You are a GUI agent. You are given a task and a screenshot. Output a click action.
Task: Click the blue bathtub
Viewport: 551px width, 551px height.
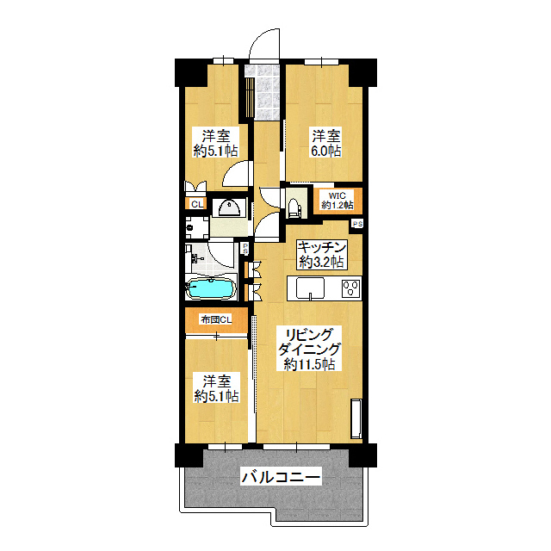point(210,289)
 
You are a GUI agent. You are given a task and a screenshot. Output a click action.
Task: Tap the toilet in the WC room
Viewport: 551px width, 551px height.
point(293,207)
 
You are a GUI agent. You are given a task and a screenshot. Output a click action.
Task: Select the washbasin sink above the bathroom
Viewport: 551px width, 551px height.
point(230,207)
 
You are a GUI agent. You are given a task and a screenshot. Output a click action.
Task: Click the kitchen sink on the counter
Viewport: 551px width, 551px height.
point(310,288)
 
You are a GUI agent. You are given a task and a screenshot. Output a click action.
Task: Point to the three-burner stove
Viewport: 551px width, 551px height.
point(351,288)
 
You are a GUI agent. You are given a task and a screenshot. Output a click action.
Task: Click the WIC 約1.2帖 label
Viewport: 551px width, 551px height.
point(337,201)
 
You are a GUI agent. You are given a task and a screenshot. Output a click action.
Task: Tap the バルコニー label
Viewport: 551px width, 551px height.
point(281,477)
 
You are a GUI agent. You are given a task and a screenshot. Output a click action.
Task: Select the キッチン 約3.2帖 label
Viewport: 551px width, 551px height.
point(321,255)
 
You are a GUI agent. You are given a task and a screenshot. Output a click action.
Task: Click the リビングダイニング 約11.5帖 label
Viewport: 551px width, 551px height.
point(309,349)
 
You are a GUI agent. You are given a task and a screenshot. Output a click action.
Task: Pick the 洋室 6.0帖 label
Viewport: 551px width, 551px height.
point(326,143)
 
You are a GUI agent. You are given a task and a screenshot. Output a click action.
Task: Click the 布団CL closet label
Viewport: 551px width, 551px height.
point(216,319)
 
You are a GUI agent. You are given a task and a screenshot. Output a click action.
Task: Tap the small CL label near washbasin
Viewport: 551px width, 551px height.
point(197,204)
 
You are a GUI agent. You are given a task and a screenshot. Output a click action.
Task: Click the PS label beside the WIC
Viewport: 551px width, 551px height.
point(358,224)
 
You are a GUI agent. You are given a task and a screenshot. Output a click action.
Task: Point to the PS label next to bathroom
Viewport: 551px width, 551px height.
point(245,249)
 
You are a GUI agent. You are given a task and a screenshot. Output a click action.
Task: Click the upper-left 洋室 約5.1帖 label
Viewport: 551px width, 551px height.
point(216,143)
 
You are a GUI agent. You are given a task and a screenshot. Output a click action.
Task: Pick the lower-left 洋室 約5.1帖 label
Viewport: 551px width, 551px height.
point(216,388)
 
